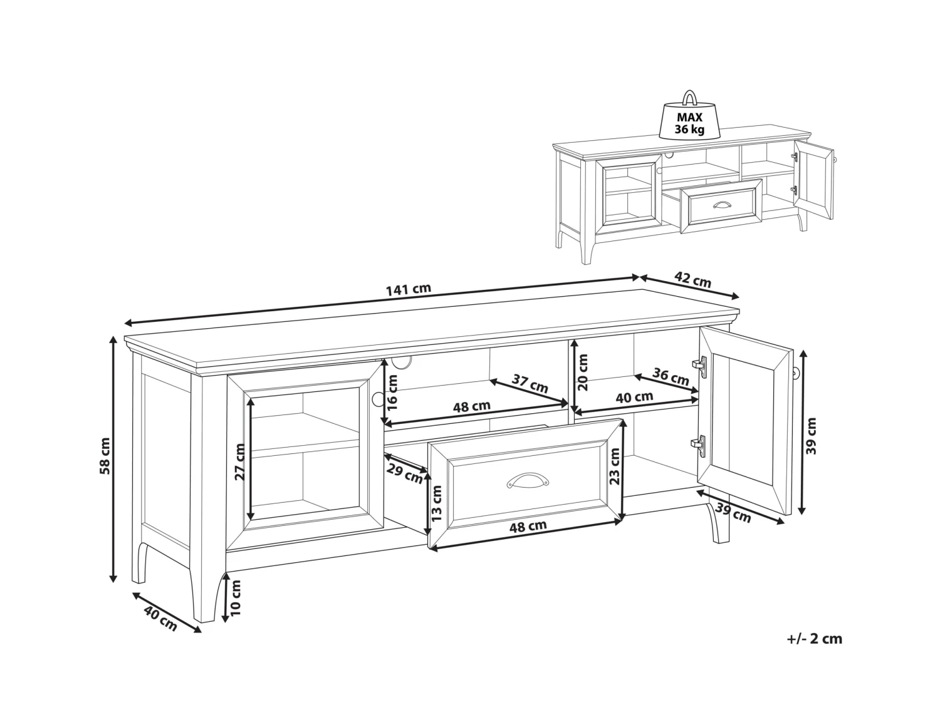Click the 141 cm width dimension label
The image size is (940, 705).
pos(408,290)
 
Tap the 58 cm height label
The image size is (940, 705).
pos(105,456)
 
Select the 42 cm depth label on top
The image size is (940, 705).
pos(692,280)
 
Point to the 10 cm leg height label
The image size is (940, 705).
pos(236,598)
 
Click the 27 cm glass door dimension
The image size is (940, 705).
pos(240,462)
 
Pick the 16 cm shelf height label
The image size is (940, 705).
pos(392,393)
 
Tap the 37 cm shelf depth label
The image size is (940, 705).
pos(530,384)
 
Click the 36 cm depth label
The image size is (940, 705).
pos(671,376)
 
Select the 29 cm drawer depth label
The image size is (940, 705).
pos(405,473)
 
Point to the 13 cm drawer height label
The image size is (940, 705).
pos(436,503)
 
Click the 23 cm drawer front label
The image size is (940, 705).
pos(615,466)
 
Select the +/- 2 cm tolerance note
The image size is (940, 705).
pos(814,651)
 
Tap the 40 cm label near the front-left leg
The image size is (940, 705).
pos(160,618)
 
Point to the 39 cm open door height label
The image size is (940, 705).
pos(811,436)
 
